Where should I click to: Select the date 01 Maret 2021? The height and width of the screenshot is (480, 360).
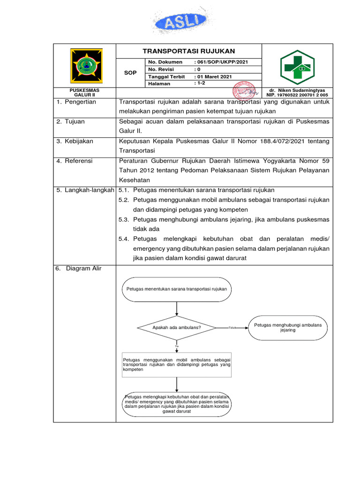(x=214, y=76)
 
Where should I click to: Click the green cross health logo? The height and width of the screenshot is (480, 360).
(x=297, y=67)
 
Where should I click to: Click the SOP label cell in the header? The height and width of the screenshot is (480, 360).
(x=130, y=73)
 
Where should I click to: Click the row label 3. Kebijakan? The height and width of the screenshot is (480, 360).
(x=75, y=141)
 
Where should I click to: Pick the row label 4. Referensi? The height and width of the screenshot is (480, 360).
(x=75, y=161)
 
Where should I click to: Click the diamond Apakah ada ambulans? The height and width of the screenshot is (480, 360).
(x=177, y=327)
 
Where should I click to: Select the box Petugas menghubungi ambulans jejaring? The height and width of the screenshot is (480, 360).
(x=288, y=327)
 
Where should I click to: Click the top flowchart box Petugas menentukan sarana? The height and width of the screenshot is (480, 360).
(x=177, y=289)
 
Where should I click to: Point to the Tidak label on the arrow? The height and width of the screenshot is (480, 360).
(x=232, y=328)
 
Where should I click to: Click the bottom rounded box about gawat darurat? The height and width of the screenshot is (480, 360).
(x=177, y=404)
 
